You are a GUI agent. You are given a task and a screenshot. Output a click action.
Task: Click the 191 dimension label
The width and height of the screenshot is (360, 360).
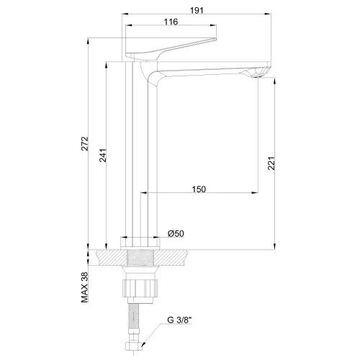click(x=197, y=10)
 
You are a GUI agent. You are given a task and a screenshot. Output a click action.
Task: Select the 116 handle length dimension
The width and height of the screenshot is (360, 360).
click(x=171, y=22)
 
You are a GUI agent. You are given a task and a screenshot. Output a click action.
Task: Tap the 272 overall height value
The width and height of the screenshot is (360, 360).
click(x=85, y=143)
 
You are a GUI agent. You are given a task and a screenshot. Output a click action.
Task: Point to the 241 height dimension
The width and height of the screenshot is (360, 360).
click(x=103, y=156)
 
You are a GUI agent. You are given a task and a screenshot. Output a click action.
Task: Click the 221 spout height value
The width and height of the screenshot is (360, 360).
click(x=271, y=163)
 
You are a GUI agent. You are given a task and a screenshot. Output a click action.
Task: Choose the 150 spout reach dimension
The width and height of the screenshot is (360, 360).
click(x=199, y=189)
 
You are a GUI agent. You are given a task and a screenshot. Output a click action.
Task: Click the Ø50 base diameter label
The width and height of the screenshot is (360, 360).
click(x=176, y=233)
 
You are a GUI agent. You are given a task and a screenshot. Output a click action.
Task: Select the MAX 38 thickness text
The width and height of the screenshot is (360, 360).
click(x=85, y=287)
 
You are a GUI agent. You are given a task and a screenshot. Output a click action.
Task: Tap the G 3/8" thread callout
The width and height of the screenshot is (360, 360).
click(x=179, y=320)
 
